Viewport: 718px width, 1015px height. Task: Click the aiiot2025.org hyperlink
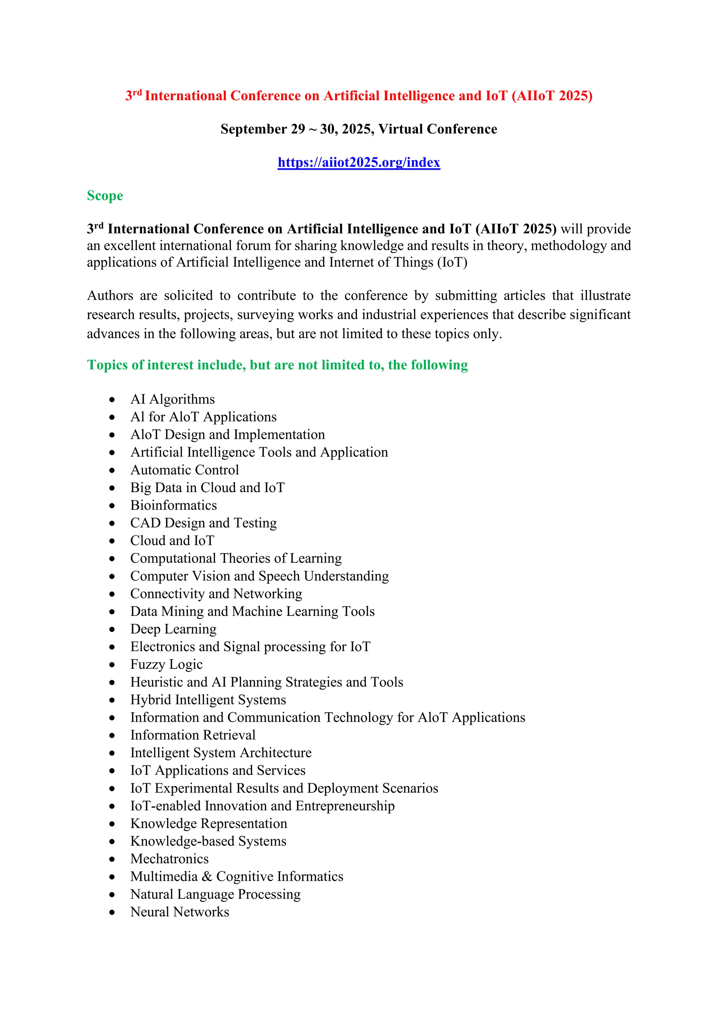point(359,162)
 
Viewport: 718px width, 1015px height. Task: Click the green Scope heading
point(105,196)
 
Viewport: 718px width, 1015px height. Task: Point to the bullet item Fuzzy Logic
point(166,665)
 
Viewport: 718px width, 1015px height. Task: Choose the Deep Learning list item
point(173,629)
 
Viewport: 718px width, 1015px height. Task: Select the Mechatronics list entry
point(169,859)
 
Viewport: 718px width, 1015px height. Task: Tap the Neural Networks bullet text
point(179,912)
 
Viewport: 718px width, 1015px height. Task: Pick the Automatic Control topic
point(184,470)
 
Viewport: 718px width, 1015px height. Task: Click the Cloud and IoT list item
point(172,541)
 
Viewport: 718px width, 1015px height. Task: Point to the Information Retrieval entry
point(193,735)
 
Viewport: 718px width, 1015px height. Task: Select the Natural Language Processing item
point(215,894)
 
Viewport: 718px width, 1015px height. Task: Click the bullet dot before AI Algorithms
point(112,400)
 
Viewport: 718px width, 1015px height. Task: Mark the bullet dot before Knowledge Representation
point(112,824)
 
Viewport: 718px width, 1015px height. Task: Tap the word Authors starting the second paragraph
point(110,295)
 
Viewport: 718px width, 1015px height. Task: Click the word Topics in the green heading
point(107,365)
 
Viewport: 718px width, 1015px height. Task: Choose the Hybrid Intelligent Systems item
point(208,700)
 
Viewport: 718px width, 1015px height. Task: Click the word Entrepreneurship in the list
point(345,806)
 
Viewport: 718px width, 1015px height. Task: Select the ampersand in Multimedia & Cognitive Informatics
point(206,877)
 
